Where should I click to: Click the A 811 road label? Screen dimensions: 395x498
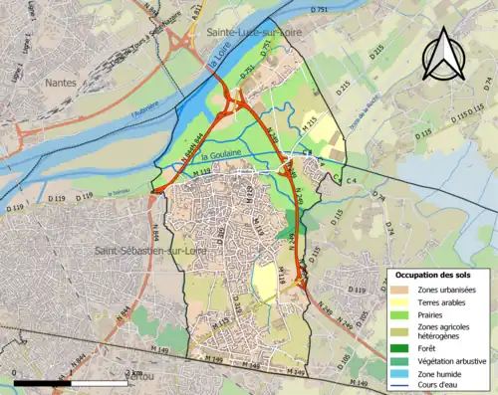[197, 12]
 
